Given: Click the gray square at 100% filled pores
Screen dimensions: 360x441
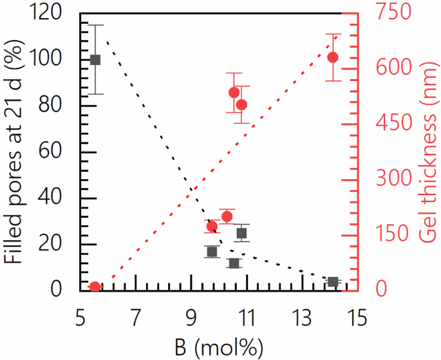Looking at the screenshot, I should [x=95, y=60].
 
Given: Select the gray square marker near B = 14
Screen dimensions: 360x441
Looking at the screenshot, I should [x=333, y=282].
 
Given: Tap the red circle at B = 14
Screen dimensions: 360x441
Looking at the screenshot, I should [x=333, y=57].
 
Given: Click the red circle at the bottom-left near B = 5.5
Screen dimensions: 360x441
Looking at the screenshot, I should [x=95, y=287].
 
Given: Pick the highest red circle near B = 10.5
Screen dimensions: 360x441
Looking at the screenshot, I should [x=234, y=93].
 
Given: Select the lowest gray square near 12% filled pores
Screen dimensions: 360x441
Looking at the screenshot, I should [x=234, y=263].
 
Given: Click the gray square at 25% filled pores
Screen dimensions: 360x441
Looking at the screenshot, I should [x=241, y=233].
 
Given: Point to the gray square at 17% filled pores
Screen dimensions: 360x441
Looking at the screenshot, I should [x=212, y=251].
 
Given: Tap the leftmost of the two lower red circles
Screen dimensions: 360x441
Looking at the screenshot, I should [x=212, y=226].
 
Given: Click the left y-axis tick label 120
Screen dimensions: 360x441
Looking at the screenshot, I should [x=55, y=13].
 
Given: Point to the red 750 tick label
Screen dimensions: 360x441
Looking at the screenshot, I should [x=393, y=13].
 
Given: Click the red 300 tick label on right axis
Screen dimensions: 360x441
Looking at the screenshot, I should [x=393, y=178].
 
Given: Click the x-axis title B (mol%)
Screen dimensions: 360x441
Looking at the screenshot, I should [x=219, y=347].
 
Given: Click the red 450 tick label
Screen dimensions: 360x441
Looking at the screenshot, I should [x=393, y=123].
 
